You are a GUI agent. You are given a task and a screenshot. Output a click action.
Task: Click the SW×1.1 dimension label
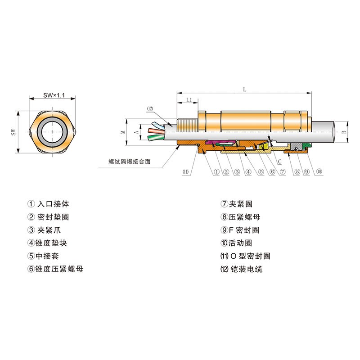click(54, 95)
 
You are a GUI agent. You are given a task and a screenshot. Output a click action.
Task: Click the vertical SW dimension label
click(14, 132)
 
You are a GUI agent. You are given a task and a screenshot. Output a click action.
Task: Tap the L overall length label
click(244, 90)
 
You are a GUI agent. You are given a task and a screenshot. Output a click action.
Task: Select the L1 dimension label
click(189, 100)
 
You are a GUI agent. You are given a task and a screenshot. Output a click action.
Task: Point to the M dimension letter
click(123, 132)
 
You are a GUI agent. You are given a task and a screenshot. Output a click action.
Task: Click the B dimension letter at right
click(344, 132)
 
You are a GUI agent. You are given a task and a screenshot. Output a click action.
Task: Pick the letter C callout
click(279, 162)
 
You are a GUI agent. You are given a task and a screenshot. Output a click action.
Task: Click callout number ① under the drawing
click(216, 171)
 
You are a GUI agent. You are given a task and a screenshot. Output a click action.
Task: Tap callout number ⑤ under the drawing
click(261, 171)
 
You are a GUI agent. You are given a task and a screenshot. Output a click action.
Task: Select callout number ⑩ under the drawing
click(319, 171)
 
